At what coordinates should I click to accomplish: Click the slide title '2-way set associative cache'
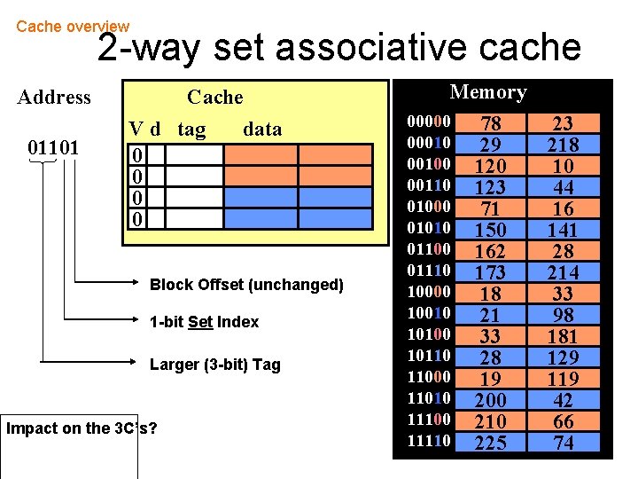pos(338,48)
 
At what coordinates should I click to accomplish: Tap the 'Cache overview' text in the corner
pos(73,27)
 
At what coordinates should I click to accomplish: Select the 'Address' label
pos(54,97)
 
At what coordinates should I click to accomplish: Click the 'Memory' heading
pos(488,91)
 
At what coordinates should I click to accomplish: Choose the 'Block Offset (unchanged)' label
pos(246,285)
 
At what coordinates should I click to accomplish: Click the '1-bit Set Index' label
pos(204,322)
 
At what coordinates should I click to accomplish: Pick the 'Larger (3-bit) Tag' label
pos(214,365)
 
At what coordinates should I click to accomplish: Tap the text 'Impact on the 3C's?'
pos(82,428)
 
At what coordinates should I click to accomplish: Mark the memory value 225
pos(490,443)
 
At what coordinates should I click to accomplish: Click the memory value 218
pos(563,145)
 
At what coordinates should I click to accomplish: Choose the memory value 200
pos(490,400)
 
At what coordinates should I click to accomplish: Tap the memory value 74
pos(563,443)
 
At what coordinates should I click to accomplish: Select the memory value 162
pos(490,251)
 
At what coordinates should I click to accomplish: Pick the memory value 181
pos(563,336)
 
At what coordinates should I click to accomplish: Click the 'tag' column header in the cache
pos(191,130)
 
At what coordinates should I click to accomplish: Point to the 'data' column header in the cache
pos(261,130)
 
